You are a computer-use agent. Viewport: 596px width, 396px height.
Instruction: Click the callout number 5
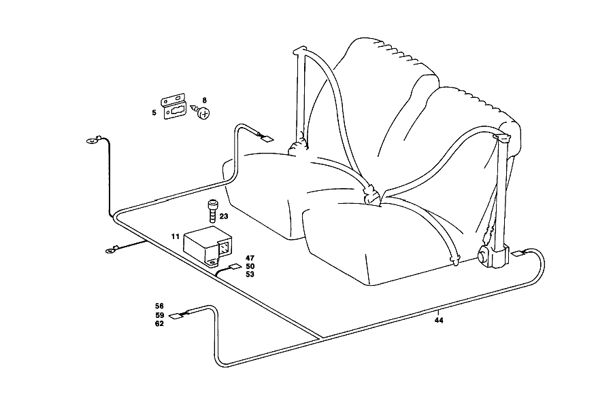click(x=154, y=113)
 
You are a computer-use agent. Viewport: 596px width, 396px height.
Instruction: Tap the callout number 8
click(x=205, y=101)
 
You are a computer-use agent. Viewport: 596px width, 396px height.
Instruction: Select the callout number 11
click(x=176, y=236)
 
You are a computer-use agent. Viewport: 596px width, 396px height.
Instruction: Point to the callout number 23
click(x=224, y=216)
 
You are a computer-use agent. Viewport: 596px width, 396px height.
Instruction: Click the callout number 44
click(x=439, y=321)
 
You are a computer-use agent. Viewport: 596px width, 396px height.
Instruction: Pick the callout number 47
click(x=250, y=258)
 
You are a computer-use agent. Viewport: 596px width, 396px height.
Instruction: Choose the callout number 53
click(x=250, y=274)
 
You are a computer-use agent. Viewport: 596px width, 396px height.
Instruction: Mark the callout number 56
click(x=159, y=306)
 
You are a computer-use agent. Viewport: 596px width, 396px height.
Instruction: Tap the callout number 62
click(x=159, y=323)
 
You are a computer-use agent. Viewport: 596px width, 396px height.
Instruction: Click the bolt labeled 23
click(x=212, y=211)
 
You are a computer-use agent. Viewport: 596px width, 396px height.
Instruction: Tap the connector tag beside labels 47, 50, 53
click(x=235, y=266)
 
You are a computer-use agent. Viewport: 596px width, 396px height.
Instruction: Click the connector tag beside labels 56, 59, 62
click(x=176, y=316)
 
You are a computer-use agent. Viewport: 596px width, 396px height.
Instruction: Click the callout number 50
click(x=250, y=266)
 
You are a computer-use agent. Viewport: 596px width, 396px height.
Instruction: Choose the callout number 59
click(x=159, y=315)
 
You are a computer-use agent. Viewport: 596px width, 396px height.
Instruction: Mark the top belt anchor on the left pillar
click(x=299, y=50)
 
